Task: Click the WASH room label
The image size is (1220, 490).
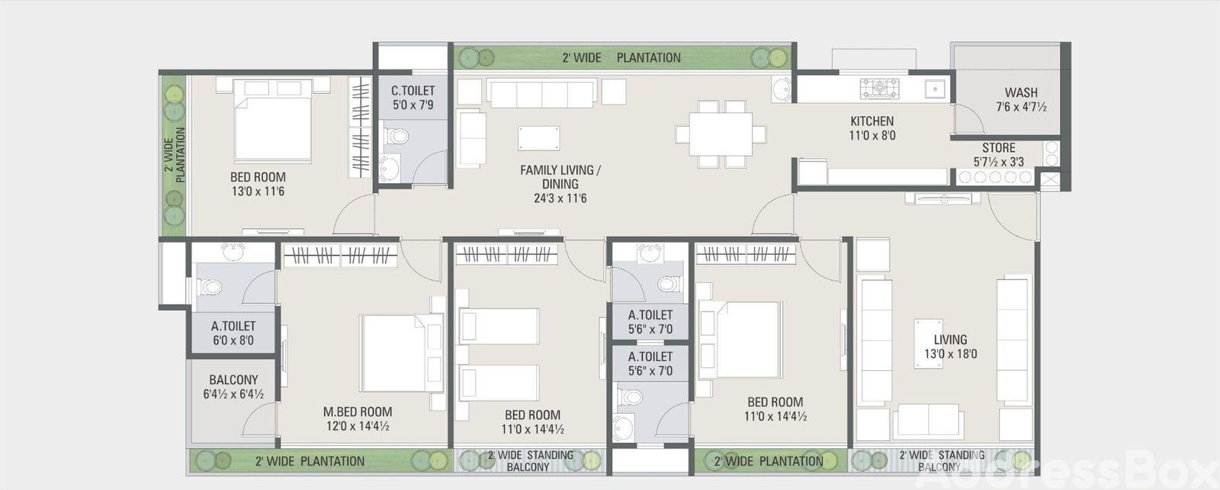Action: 1021,92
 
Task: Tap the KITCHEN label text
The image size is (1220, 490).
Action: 872,121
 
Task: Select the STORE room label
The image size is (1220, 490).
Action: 998,148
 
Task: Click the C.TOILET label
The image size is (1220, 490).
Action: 413,91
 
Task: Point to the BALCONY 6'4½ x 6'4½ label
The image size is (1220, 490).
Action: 233,386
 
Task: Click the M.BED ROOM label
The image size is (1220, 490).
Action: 358,412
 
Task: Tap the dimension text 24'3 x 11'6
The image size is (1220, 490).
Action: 560,198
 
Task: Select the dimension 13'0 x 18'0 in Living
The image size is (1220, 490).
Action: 950,353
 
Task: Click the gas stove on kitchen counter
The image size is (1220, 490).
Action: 879,89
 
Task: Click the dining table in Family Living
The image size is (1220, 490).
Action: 721,134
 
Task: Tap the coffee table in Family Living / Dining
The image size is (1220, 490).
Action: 538,138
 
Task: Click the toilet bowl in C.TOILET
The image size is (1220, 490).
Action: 396,135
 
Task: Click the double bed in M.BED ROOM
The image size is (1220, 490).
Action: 401,353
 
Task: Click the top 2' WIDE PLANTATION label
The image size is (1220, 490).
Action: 621,58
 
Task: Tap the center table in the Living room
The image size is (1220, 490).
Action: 929,343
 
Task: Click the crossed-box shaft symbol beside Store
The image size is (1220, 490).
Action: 1049,180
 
